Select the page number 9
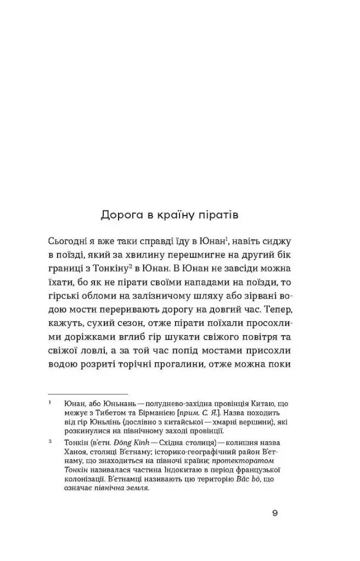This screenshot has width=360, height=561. tap(275, 513)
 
